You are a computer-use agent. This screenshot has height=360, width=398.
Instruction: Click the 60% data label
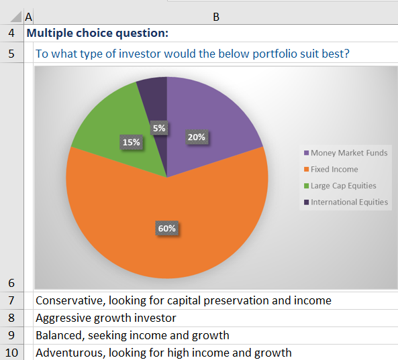pyautogui.click(x=166, y=228)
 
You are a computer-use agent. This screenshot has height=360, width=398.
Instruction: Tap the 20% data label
pyautogui.click(x=196, y=137)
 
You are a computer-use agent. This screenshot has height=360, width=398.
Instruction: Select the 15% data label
pyautogui.click(x=131, y=141)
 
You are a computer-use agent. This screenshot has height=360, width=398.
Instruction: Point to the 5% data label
pyautogui.click(x=159, y=127)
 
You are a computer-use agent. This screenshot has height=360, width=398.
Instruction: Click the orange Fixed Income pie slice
pyautogui.click(x=134, y=221)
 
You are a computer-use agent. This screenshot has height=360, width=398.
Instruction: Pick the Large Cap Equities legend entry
pyautogui.click(x=340, y=186)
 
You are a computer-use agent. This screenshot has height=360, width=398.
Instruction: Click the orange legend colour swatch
pyautogui.click(x=307, y=170)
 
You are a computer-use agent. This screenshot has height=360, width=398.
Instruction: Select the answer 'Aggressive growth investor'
pyautogui.click(x=105, y=318)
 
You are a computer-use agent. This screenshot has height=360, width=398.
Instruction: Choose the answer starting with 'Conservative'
pyautogui.click(x=183, y=300)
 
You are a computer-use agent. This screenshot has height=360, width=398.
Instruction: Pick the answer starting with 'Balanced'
pyautogui.click(x=132, y=335)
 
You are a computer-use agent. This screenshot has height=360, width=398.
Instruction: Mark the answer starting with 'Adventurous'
pyautogui.click(x=163, y=353)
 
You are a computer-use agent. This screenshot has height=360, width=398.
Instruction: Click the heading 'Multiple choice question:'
pyautogui.click(x=97, y=33)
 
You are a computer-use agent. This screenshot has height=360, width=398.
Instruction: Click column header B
pyautogui.click(x=215, y=17)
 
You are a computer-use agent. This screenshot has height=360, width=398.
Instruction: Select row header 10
pyautogui.click(x=12, y=353)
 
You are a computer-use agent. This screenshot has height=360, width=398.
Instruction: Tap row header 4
pyautogui.click(x=12, y=33)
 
